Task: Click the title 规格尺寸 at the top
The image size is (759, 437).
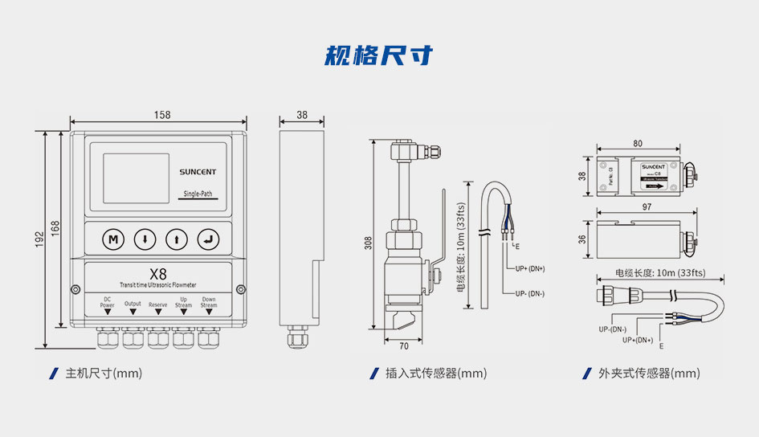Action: click(379, 55)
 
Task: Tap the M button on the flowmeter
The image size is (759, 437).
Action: click(113, 239)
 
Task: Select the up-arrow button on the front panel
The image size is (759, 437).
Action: click(177, 239)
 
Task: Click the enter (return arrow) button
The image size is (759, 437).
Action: click(209, 239)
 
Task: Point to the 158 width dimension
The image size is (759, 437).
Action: click(161, 116)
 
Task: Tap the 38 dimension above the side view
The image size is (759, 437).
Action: click(301, 116)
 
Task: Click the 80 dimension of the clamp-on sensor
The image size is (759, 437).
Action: click(637, 144)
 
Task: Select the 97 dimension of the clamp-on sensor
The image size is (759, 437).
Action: click(647, 207)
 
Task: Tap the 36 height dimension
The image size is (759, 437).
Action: click(583, 239)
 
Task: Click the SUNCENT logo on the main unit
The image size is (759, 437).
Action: click(197, 171)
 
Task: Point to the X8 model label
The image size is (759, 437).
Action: click(158, 273)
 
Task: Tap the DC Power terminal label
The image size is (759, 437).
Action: click(107, 303)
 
